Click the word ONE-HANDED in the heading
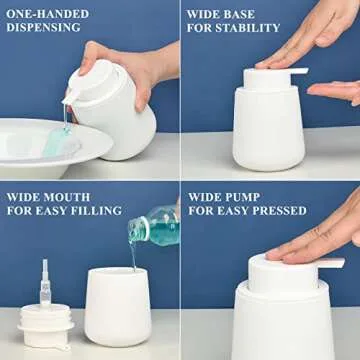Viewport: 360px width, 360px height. click(47, 14)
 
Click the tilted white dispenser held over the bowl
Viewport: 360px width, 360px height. click(115, 105)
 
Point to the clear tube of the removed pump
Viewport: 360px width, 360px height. click(45, 285)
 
